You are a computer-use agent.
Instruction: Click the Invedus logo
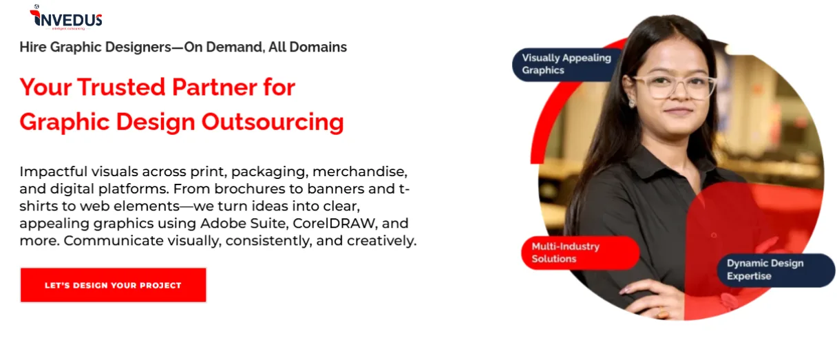coord(66,18)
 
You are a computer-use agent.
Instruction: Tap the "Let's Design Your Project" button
coord(113,285)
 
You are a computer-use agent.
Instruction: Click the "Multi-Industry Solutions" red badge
coord(580,253)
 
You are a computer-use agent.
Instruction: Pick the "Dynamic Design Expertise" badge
coord(776,270)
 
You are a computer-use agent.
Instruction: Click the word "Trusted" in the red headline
coord(121,87)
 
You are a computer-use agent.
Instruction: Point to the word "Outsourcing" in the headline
coord(273,123)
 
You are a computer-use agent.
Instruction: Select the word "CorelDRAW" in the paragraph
coord(334,223)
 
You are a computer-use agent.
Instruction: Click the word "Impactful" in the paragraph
coord(53,172)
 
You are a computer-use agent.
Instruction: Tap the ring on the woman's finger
coord(662,313)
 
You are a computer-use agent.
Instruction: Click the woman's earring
coord(632,101)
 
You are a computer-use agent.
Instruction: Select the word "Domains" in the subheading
coord(318,47)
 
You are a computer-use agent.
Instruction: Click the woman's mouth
coord(678,111)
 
